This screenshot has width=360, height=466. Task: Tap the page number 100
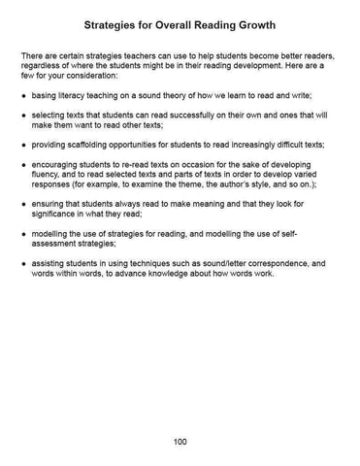[x=180, y=442]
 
